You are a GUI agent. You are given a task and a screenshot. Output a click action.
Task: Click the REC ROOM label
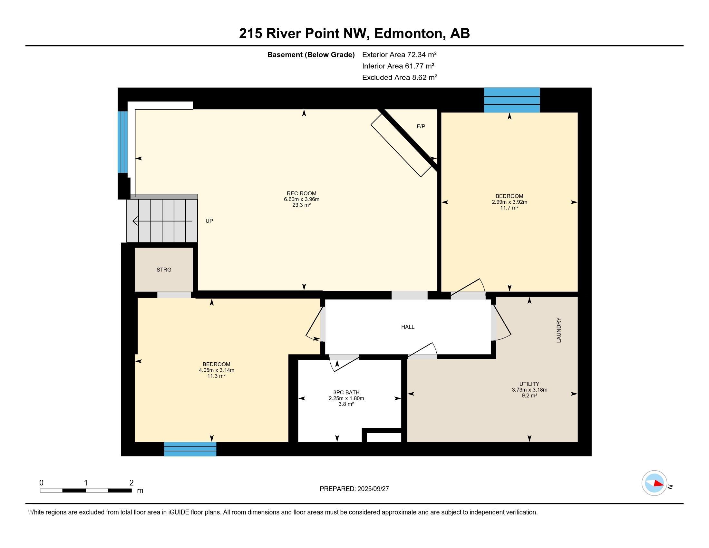[x=301, y=193]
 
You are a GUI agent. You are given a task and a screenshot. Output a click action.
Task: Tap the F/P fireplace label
[x=421, y=127]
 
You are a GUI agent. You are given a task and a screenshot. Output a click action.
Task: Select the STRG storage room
[x=164, y=269]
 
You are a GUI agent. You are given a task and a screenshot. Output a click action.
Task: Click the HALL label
[x=408, y=327]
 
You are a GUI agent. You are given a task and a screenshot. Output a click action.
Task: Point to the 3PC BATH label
[x=346, y=393]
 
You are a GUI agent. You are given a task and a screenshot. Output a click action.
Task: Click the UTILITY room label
[x=529, y=384]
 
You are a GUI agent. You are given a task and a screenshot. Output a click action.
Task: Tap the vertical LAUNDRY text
[x=559, y=330]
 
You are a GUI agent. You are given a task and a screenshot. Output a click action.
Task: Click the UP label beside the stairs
[x=209, y=221]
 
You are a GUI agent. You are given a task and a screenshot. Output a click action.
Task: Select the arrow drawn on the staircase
[x=162, y=221]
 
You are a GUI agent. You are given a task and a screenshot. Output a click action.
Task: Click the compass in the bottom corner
[x=654, y=483]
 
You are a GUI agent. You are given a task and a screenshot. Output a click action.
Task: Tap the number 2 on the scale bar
[x=131, y=483]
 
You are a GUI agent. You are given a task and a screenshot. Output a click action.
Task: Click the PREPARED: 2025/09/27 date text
[x=354, y=489]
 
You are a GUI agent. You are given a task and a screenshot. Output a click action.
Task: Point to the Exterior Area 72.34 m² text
[x=399, y=54]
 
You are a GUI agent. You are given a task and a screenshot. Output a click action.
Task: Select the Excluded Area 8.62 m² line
[x=400, y=78]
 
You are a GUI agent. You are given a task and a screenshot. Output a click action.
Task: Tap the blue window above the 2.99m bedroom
[x=512, y=100]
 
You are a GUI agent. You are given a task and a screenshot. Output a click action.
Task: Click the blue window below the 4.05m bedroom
[x=190, y=449]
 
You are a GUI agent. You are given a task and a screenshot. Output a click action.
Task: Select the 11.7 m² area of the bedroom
[x=509, y=208]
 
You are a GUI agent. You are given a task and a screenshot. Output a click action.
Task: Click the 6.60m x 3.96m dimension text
[x=302, y=199]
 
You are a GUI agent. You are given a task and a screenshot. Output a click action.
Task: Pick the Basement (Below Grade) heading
[x=311, y=55]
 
